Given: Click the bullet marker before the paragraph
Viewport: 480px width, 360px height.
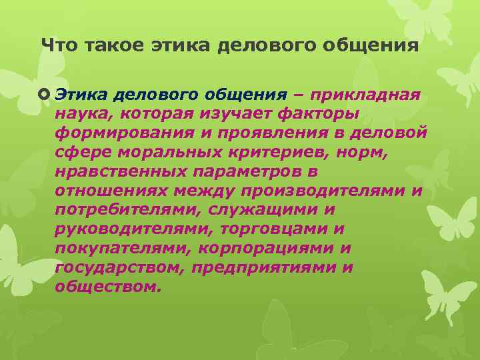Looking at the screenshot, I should [x=45, y=95].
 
